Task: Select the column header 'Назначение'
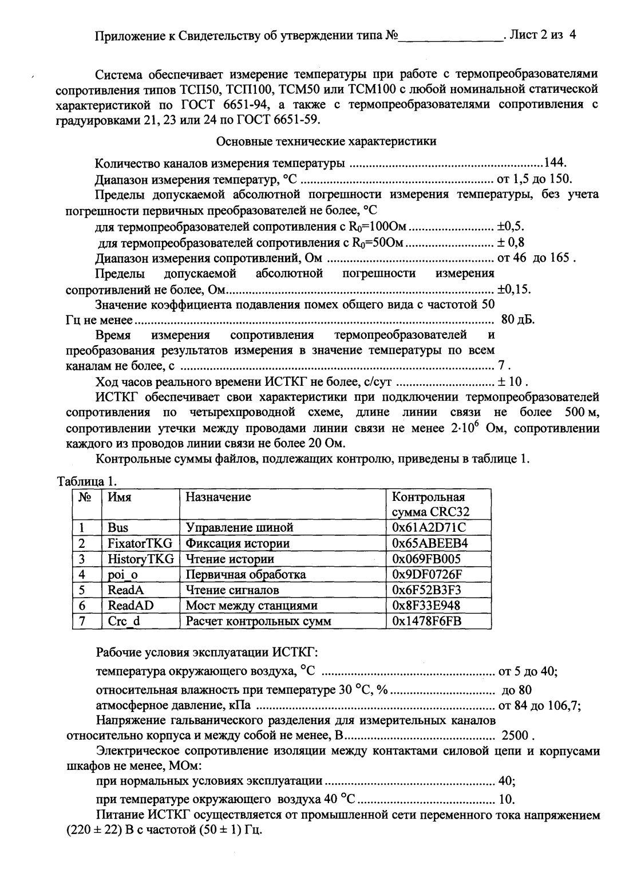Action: coord(219,497)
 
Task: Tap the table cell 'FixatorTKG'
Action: coord(140,543)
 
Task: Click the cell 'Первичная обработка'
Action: coord(246,574)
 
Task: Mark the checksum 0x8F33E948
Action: coord(426,605)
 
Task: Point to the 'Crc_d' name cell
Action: coord(123,621)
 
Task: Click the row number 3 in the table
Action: coord(82,559)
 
